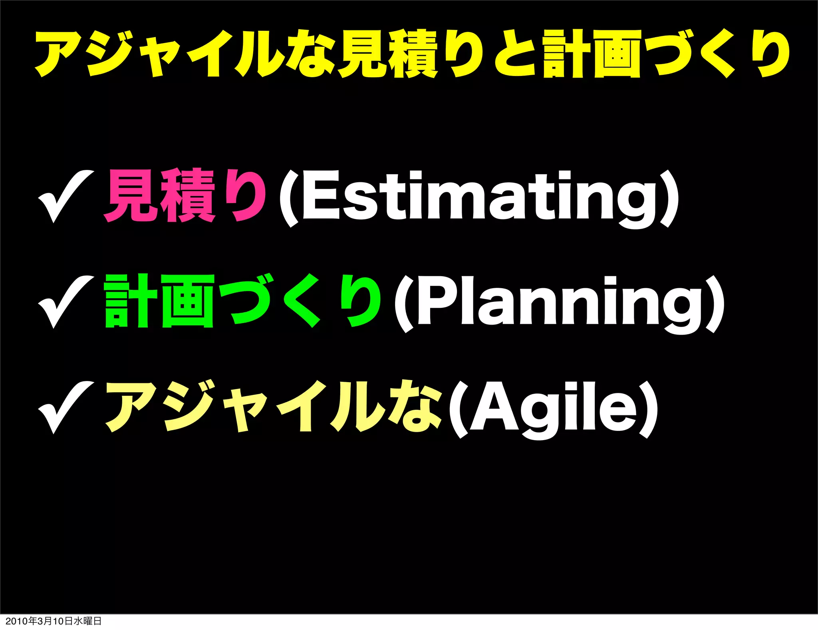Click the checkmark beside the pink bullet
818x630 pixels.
65,196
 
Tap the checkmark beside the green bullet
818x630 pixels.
65,302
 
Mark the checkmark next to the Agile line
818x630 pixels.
65,408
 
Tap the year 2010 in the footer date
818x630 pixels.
16,621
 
